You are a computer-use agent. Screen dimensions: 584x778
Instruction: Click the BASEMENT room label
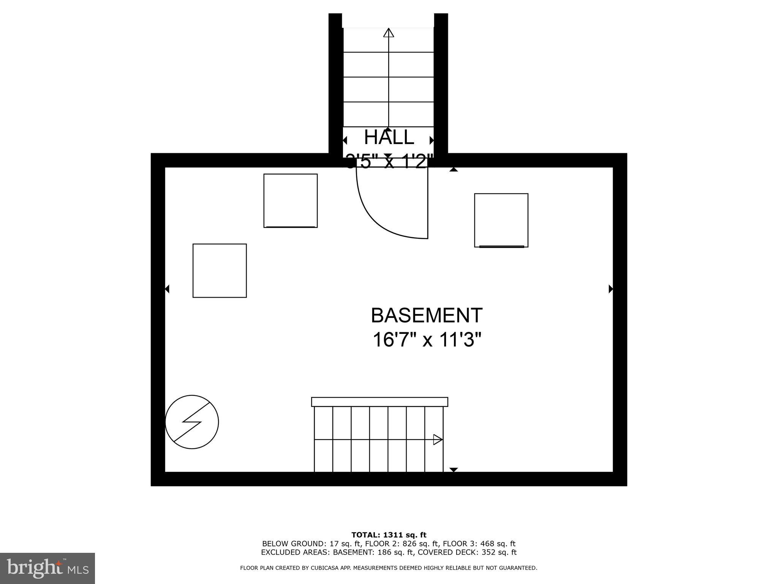(x=426, y=316)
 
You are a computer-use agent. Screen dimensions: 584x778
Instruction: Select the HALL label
(x=389, y=137)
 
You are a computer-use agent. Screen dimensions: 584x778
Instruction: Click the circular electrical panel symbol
(x=192, y=422)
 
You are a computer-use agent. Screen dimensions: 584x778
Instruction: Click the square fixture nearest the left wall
(x=220, y=271)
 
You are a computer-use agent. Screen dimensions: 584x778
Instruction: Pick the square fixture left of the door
(x=291, y=201)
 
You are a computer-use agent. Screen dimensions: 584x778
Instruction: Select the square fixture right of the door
(x=501, y=220)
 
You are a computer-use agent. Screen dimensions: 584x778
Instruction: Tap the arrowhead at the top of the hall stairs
(x=389, y=33)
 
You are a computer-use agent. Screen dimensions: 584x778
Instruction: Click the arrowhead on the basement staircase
(x=438, y=440)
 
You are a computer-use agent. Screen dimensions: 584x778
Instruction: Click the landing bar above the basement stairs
(x=380, y=402)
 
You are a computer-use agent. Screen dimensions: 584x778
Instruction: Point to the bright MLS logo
(x=47, y=568)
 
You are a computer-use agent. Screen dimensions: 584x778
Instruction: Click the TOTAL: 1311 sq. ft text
(x=389, y=535)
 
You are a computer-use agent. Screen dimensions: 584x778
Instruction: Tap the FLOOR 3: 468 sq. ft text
(x=479, y=544)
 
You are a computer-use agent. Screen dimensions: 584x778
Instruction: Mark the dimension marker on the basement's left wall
(x=167, y=289)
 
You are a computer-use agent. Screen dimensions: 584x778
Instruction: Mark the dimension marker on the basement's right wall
(x=611, y=289)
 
